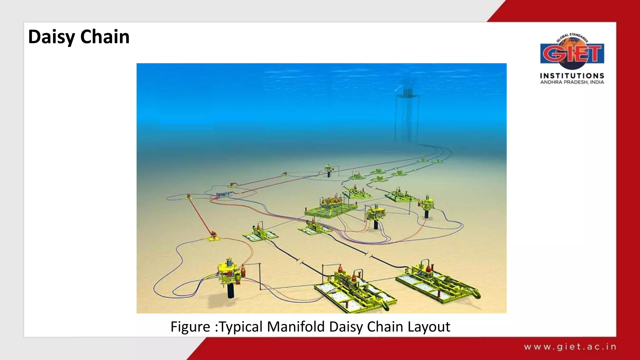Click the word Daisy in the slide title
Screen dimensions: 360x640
point(52,37)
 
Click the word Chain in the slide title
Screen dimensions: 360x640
point(105,37)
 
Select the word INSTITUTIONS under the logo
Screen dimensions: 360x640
point(572,76)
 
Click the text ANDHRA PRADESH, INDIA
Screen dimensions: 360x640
point(572,82)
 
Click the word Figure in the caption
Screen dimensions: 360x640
point(190,327)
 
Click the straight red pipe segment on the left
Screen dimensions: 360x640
point(200,216)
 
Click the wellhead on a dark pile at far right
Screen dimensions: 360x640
point(426,206)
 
